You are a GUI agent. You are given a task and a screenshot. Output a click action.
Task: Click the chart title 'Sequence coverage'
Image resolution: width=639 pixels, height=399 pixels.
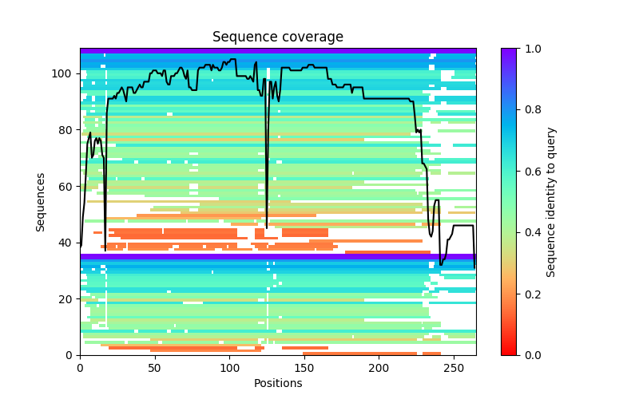click(277, 38)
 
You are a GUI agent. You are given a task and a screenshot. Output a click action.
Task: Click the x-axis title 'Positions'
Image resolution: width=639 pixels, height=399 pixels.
click(277, 383)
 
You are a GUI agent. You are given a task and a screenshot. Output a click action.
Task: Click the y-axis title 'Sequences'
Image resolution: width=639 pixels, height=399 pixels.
click(41, 202)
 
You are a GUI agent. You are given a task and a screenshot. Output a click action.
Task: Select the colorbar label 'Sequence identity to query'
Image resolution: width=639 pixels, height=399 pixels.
click(551, 202)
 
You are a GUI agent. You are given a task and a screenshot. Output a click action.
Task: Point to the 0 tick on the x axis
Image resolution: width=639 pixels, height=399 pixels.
click(80, 368)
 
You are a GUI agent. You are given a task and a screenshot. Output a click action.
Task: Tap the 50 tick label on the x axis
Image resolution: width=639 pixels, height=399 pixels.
click(155, 368)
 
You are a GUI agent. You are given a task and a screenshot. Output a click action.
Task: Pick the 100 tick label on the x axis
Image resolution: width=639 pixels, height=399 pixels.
click(229, 368)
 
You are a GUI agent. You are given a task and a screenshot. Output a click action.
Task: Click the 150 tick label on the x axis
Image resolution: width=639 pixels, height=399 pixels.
click(304, 368)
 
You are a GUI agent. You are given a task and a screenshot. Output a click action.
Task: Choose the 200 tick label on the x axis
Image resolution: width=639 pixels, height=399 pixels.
click(379, 368)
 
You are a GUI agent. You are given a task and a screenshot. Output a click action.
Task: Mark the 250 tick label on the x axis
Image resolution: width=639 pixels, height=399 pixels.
click(454, 368)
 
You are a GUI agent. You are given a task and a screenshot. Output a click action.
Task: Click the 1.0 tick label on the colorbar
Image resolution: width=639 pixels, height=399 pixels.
click(530, 49)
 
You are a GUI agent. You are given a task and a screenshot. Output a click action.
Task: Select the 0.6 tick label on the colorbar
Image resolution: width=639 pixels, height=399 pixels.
click(530, 172)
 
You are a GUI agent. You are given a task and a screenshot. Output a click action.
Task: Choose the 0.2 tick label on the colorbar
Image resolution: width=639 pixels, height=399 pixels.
click(530, 294)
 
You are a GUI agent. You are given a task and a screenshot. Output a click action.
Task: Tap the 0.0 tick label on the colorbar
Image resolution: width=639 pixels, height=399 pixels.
click(530, 355)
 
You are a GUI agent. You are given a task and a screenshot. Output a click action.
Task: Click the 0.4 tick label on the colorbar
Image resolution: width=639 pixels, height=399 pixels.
click(530, 232)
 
